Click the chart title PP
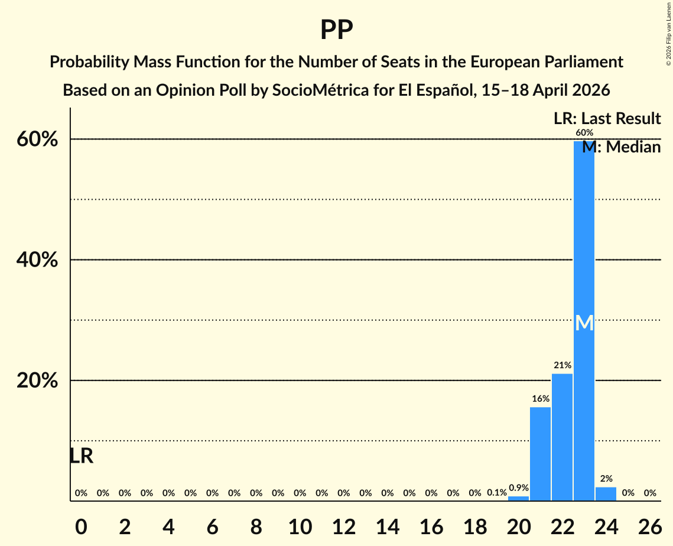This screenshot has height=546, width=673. coord(336,30)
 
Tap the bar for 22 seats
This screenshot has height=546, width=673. coord(562,437)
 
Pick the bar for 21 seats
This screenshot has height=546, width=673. coord(540,454)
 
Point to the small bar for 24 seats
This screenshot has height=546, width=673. coord(606,494)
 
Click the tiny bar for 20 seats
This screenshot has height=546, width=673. coord(518,499)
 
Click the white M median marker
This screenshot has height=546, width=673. coord(584,323)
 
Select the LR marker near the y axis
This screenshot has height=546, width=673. coord(81,456)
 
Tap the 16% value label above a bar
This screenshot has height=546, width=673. coord(540,399)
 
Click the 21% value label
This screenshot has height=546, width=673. coord(562,366)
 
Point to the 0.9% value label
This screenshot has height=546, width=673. coord(518,488)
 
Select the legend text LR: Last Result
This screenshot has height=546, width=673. coord(607,118)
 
